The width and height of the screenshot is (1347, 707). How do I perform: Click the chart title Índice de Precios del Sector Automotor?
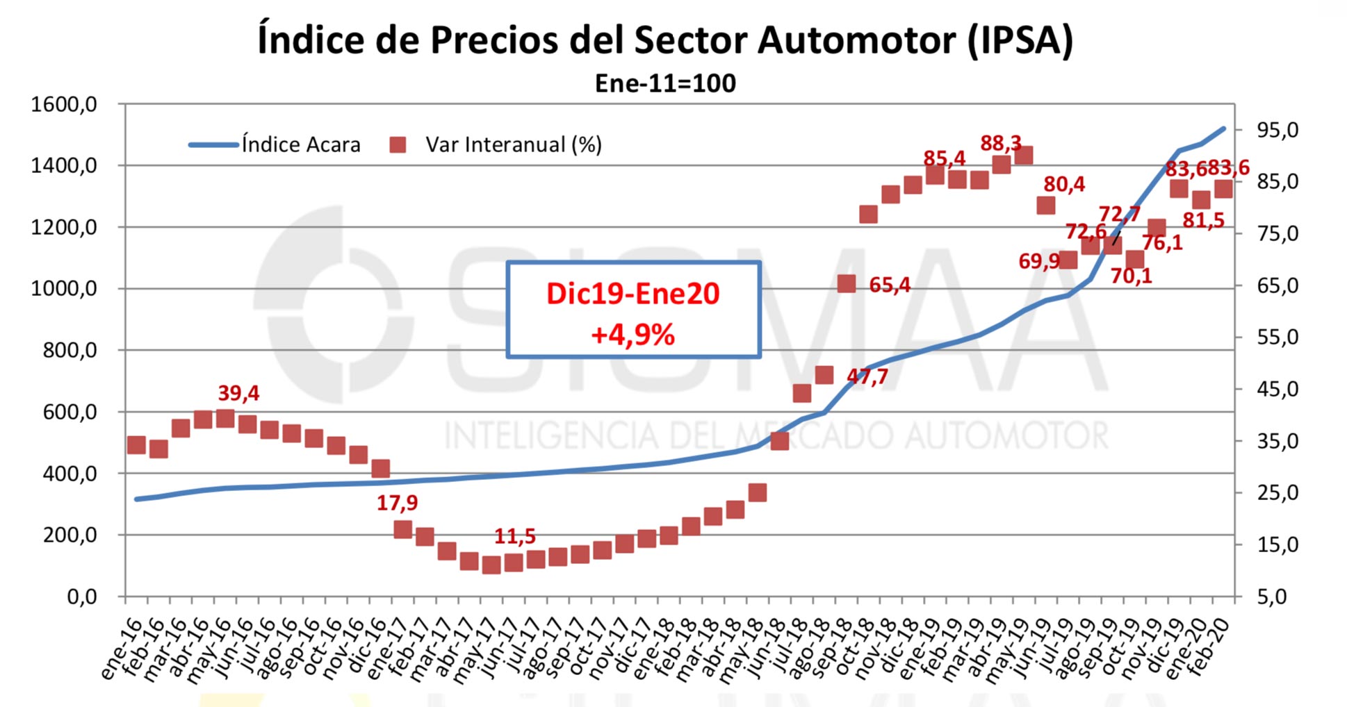click(x=665, y=40)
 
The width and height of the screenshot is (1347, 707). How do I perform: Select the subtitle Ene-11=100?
click(x=665, y=83)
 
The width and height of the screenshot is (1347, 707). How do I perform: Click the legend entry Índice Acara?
click(x=301, y=144)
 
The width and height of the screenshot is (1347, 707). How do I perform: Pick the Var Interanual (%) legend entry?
click(x=513, y=144)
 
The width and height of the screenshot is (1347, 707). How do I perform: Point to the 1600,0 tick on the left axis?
click(x=63, y=104)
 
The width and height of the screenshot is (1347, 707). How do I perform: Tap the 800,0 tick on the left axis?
click(x=70, y=350)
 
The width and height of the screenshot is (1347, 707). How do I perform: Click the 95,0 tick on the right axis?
click(x=1277, y=130)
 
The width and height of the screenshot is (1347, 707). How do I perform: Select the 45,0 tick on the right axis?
click(x=1277, y=389)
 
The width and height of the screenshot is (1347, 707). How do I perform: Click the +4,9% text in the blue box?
click(x=632, y=335)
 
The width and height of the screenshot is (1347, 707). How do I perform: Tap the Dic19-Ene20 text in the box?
click(x=632, y=294)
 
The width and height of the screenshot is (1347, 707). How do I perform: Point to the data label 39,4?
click(x=238, y=393)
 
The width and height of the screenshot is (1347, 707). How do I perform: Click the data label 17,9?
click(x=397, y=503)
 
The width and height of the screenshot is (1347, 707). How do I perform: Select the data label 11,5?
click(x=514, y=536)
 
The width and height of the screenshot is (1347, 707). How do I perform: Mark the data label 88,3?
click(x=1000, y=143)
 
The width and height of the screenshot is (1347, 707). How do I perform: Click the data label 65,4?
click(x=889, y=285)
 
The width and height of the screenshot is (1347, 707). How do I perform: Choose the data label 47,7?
click(x=867, y=376)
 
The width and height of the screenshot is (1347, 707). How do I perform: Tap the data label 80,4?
click(x=1063, y=184)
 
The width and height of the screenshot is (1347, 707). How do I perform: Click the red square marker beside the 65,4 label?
click(x=846, y=283)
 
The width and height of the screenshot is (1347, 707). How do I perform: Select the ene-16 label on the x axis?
click(x=121, y=649)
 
